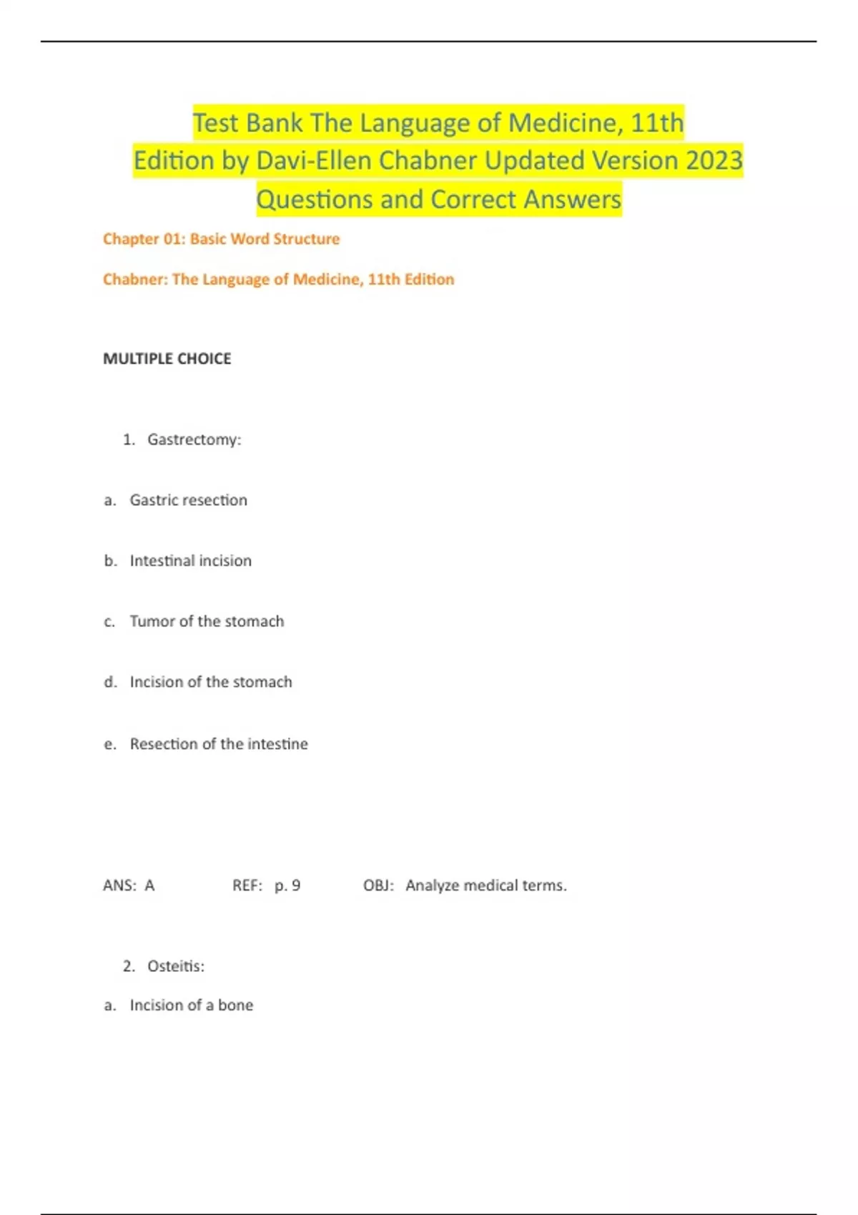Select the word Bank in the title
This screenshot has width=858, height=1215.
tap(271, 123)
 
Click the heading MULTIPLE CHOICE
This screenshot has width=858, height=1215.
tap(167, 359)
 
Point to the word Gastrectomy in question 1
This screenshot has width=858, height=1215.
tap(194, 440)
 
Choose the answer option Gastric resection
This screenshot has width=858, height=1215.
tap(188, 500)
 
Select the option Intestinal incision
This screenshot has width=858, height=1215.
tap(190, 561)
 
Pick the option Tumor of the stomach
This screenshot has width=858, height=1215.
tap(207, 622)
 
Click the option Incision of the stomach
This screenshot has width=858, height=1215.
tap(210, 683)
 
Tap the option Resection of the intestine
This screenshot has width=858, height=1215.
tap(218, 744)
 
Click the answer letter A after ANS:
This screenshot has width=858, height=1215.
tap(149, 886)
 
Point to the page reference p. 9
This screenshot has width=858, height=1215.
tap(287, 886)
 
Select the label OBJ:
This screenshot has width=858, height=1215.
tap(378, 886)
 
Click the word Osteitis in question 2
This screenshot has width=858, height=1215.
tap(175, 966)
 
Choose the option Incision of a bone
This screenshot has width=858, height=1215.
tap(191, 1006)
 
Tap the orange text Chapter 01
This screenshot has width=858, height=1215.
tap(143, 239)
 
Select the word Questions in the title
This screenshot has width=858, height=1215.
tap(315, 199)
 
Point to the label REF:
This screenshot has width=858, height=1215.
tap(247, 886)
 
